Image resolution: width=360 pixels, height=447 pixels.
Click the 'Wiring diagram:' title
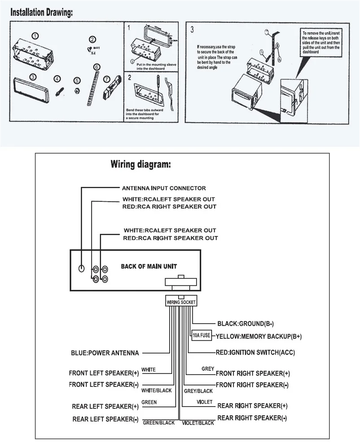click(140, 164)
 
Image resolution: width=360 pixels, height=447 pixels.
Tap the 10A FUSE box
click(202, 335)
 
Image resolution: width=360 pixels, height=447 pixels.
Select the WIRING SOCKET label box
click(181, 302)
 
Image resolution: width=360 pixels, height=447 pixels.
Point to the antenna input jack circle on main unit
click(81, 268)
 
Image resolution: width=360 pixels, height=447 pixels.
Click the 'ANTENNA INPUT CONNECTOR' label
click(164, 188)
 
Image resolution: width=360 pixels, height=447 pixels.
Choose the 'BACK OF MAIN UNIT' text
click(149, 266)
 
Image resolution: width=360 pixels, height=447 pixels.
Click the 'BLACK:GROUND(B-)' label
click(246, 323)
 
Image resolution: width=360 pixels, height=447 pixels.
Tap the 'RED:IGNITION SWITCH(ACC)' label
click(255, 352)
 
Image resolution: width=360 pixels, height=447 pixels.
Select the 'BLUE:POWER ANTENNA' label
click(105, 353)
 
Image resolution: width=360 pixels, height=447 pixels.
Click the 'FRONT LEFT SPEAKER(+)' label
click(104, 372)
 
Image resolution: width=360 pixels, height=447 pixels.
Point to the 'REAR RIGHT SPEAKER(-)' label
click(252, 417)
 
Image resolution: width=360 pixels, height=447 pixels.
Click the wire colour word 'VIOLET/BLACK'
click(198, 423)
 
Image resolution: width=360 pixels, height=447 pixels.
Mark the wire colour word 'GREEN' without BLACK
click(149, 402)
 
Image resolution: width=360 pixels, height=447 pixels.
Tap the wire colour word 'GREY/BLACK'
click(198, 391)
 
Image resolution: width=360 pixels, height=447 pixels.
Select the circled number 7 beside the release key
click(106, 79)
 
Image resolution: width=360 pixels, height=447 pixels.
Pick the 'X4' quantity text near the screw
click(93, 53)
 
